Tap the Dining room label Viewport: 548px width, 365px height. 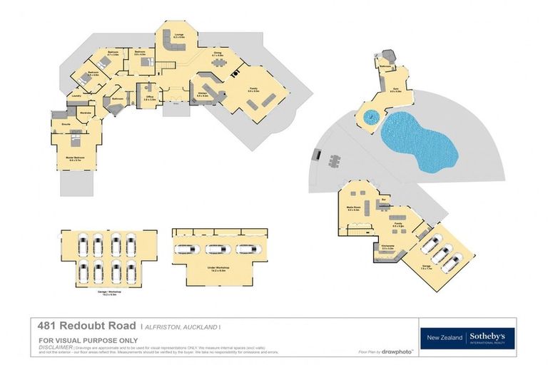coord(218,53)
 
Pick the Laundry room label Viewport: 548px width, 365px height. coord(73,95)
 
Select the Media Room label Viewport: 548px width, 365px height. coord(352,209)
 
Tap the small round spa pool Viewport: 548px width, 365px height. coord(370,116)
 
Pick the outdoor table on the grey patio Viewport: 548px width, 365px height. coord(335,162)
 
